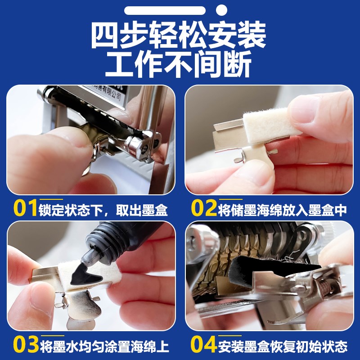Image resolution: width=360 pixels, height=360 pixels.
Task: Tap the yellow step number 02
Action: point(203,207)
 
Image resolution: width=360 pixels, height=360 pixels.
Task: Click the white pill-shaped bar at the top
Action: point(165,10)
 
